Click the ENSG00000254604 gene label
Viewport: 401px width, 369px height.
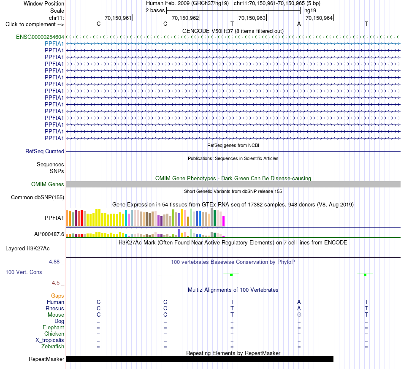[40, 37]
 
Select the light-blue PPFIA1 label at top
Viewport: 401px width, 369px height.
[54, 44]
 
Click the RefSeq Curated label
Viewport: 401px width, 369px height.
[45, 152]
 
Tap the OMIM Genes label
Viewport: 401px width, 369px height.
[48, 184]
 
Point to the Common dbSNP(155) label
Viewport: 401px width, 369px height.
[38, 198]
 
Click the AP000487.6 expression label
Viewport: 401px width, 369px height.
[49, 234]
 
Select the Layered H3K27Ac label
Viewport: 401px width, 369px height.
[27, 249]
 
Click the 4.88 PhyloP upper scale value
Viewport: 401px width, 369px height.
[54, 262]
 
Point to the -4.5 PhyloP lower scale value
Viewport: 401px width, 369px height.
[55, 282]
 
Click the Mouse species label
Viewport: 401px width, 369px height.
[56, 315]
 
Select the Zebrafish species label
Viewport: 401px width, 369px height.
[53, 347]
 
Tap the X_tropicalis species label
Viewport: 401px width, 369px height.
[50, 340]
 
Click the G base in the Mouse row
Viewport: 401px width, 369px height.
[299, 315]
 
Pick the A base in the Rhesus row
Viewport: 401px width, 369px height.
[299, 308]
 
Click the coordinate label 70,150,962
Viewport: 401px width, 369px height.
[185, 18]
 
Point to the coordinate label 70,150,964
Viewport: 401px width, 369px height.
[319, 18]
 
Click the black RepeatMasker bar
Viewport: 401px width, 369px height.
[200, 359]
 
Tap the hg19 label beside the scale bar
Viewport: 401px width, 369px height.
[310, 11]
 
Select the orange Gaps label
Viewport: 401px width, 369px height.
[57, 296]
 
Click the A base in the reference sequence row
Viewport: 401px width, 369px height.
[299, 24]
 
